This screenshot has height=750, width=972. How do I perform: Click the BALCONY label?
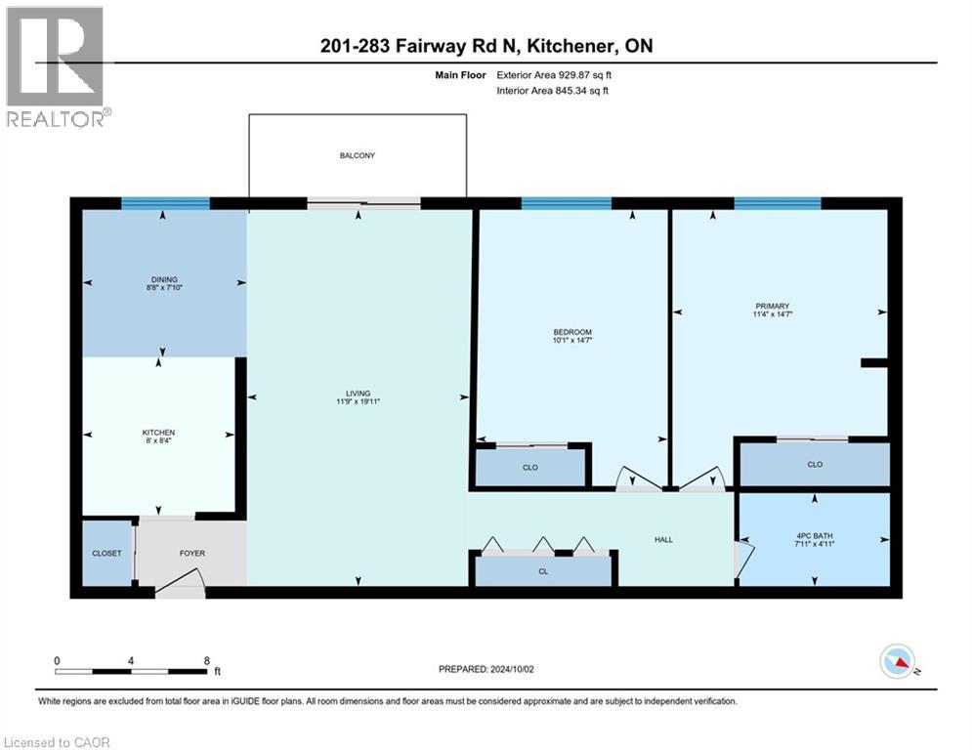click(357, 155)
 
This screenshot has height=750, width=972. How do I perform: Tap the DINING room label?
click(164, 278)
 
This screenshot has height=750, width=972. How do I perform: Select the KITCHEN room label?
click(158, 432)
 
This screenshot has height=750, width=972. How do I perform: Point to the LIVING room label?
click(357, 393)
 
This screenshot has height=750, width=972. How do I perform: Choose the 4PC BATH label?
click(814, 533)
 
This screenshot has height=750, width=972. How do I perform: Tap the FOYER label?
click(191, 554)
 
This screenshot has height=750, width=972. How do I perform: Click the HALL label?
click(663, 539)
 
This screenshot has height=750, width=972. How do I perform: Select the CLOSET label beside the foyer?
click(106, 554)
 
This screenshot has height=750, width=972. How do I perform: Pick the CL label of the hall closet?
click(542, 569)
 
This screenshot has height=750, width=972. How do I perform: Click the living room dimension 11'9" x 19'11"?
click(357, 401)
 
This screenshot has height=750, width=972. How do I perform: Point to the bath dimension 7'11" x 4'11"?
click(814, 543)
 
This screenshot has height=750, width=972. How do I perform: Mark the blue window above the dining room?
click(165, 203)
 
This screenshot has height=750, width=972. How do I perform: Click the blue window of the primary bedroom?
click(777, 203)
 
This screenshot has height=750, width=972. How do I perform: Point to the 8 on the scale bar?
click(206, 660)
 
